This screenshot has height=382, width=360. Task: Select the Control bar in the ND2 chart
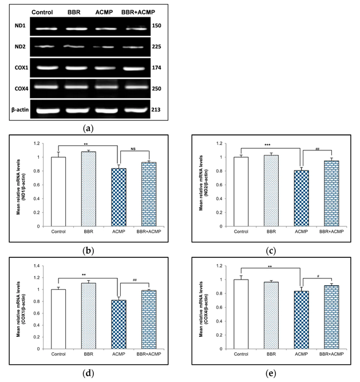coord(242,192)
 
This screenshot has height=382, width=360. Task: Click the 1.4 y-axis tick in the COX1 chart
coord(37,266)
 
